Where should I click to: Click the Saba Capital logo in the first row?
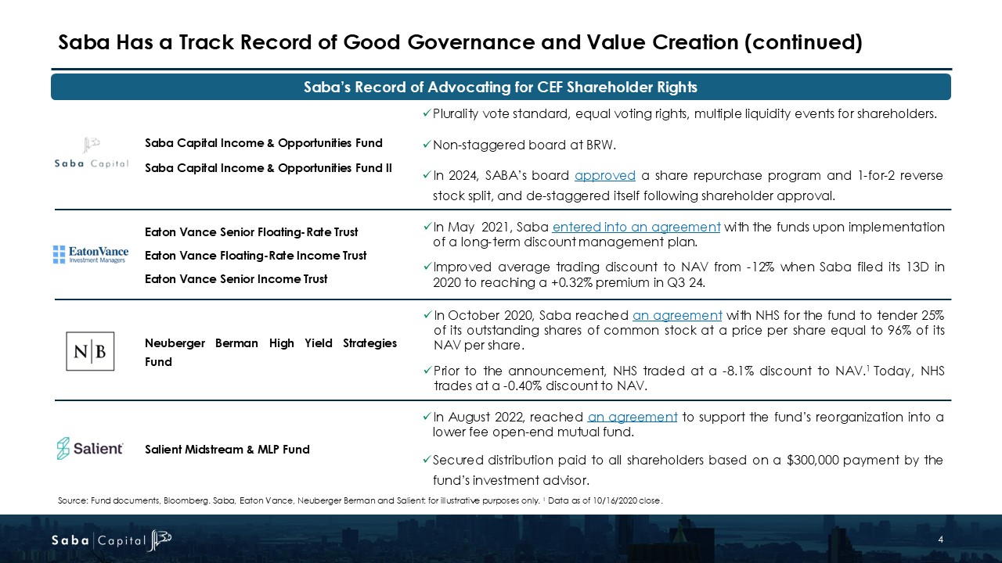click(x=91, y=152)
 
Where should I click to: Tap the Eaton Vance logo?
click(x=91, y=254)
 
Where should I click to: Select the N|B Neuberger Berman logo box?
click(x=90, y=351)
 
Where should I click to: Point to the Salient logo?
click(x=90, y=448)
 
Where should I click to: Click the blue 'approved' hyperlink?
click(x=600, y=175)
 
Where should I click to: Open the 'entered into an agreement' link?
click(x=636, y=227)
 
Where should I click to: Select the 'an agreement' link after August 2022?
click(x=632, y=417)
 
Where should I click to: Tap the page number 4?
click(x=940, y=540)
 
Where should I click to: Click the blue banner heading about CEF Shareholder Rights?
click(x=500, y=87)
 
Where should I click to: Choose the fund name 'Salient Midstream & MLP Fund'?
click(x=227, y=450)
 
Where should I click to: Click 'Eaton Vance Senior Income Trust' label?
click(x=236, y=279)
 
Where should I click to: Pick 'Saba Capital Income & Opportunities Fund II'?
click(x=269, y=168)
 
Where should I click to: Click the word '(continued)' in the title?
click(x=804, y=41)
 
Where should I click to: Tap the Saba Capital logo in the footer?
click(x=110, y=540)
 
